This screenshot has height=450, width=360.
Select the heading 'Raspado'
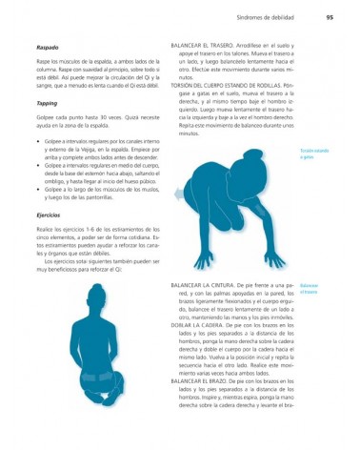pos(47,47)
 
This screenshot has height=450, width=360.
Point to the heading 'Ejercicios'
pos(49,215)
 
